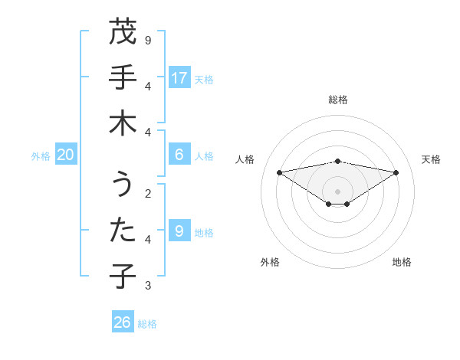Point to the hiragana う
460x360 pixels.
click(123, 185)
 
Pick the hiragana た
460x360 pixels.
click(123, 231)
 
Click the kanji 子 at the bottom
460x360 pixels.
click(123, 277)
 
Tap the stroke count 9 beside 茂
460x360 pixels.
click(148, 39)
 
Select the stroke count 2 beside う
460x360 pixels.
click(148, 193)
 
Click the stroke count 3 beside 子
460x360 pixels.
click(148, 286)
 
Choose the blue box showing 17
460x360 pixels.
click(179, 77)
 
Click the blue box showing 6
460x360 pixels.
click(179, 155)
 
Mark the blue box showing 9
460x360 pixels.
click(179, 231)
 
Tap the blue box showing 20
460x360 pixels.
click(66, 155)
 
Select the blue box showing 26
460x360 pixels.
click(123, 322)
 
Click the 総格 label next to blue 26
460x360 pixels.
click(148, 324)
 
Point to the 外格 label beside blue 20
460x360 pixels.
click(41, 156)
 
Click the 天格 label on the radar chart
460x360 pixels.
click(431, 159)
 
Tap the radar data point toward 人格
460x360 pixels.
click(279, 172)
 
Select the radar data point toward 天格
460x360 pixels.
click(396, 172)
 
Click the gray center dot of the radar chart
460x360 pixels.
click(338, 191)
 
